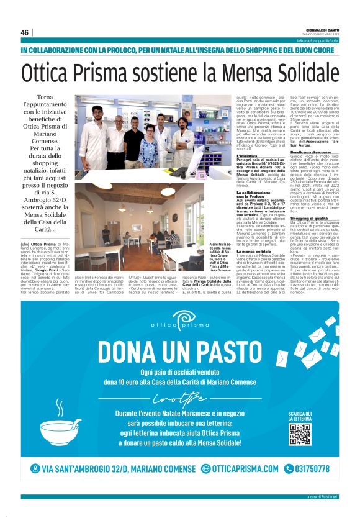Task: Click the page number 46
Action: coord(25,32)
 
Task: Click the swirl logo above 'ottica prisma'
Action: coord(181,319)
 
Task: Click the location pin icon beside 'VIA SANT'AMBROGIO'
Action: coord(35,486)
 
